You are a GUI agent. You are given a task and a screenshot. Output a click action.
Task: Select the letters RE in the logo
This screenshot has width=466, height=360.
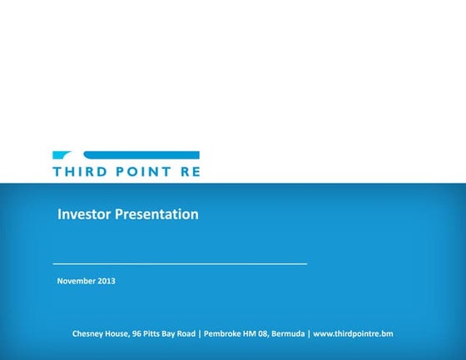(x=190, y=172)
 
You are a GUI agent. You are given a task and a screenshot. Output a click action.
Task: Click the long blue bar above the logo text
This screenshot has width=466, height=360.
(x=141, y=155)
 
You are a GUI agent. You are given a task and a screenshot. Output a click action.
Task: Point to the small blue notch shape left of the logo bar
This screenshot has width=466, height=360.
(x=62, y=155)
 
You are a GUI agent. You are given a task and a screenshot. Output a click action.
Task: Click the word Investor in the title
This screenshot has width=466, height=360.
(x=83, y=215)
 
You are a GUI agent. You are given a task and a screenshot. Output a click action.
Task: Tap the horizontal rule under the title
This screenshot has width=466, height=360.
(x=180, y=264)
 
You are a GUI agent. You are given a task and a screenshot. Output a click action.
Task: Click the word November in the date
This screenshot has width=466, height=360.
(x=76, y=281)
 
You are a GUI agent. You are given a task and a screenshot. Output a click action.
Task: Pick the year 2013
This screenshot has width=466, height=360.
(x=106, y=281)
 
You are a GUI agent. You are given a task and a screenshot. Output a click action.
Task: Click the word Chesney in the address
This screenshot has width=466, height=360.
(x=88, y=333)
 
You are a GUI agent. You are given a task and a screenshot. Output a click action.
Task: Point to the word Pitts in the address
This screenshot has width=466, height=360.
(x=154, y=333)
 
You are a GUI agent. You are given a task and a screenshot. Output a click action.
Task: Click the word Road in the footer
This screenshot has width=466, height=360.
(x=186, y=333)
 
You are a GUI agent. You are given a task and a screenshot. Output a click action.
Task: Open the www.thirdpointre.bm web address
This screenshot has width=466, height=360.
(x=353, y=333)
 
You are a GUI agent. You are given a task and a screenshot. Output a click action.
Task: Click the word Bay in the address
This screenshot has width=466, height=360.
(x=171, y=333)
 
